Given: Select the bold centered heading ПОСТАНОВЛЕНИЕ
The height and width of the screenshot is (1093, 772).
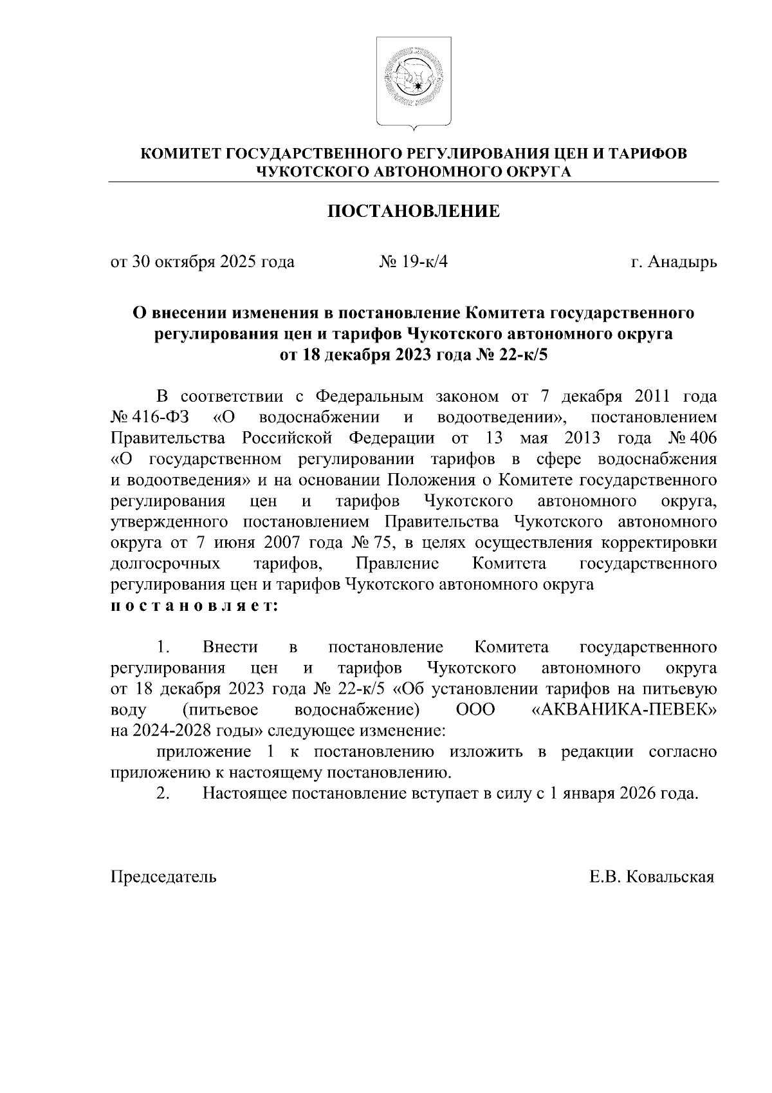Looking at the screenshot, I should coord(414,212).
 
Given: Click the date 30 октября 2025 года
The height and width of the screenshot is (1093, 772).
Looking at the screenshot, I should coord(213,262).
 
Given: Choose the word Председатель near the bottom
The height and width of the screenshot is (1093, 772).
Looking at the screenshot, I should coord(164,877).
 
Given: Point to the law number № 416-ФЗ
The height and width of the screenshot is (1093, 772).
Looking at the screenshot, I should coord(149,417).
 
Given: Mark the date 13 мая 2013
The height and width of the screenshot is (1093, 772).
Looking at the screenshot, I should coord(547,438).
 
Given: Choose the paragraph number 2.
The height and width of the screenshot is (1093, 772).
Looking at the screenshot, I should coord(163,793).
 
